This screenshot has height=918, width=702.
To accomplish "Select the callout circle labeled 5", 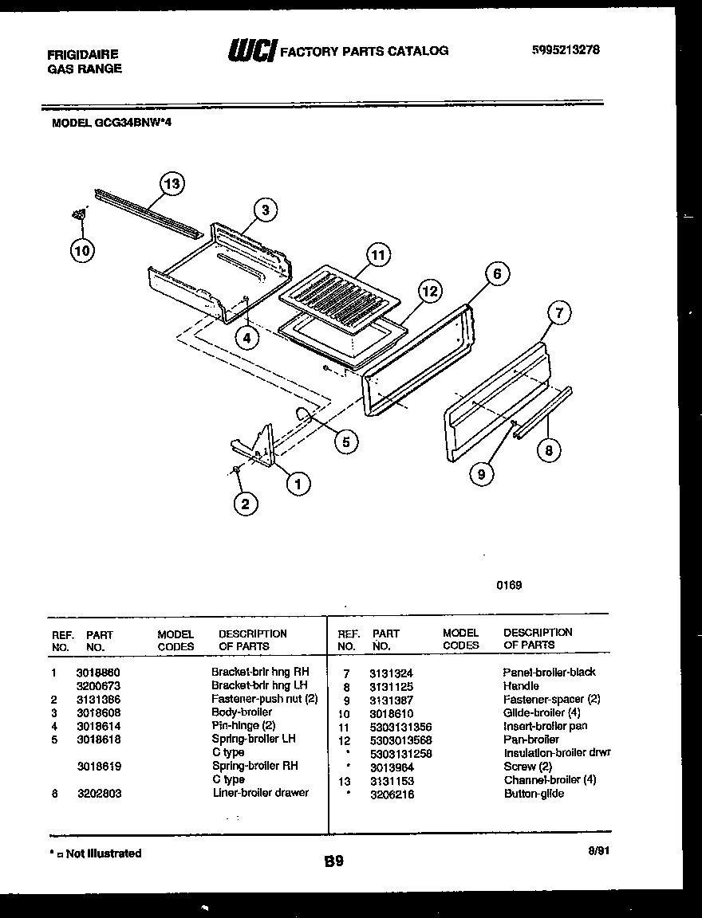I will (x=345, y=441).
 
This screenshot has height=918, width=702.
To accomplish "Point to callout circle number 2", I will (x=245, y=503).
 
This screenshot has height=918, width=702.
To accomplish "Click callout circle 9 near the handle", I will (x=481, y=474).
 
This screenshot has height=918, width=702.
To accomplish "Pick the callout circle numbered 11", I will (x=378, y=255).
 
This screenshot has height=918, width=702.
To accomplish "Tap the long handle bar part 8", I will (x=542, y=413).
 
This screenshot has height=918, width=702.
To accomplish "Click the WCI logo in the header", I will (x=251, y=50).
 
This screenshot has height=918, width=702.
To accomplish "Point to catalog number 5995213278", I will (x=566, y=49).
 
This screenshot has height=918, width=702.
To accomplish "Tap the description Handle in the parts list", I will (x=521, y=685).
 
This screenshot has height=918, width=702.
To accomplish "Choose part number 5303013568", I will (x=400, y=739).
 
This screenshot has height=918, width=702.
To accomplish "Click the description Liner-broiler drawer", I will (x=260, y=793).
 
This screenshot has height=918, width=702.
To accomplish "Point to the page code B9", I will (x=334, y=861).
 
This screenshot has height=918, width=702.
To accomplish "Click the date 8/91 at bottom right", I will (x=597, y=851).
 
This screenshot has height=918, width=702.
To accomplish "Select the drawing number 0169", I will (x=509, y=585).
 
